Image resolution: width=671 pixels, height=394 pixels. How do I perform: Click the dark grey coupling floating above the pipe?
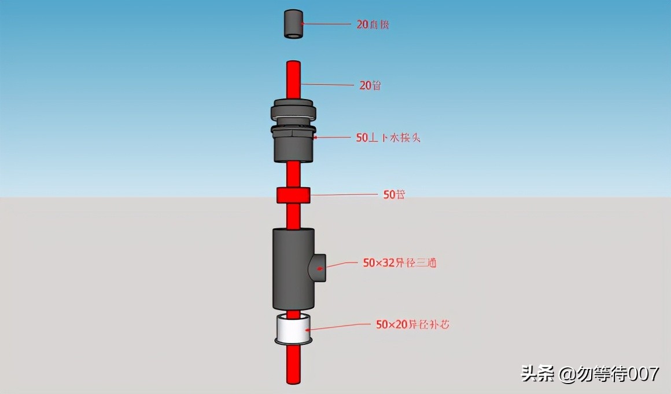(x=294, y=24)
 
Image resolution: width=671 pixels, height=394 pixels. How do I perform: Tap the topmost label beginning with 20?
(x=373, y=25)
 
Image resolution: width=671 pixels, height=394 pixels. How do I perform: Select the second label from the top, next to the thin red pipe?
(x=370, y=86)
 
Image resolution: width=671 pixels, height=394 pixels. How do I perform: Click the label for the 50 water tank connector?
(x=387, y=138)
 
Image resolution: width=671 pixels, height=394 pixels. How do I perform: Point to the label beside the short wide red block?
(x=394, y=195)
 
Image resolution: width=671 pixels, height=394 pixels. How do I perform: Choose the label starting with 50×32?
(x=399, y=263)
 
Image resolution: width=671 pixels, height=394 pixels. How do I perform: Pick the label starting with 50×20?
(x=412, y=325)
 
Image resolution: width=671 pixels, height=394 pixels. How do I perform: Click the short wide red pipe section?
(x=294, y=196)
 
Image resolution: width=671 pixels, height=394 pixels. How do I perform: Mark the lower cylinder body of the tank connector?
(x=293, y=148)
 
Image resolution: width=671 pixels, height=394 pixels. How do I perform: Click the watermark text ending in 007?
(x=589, y=374)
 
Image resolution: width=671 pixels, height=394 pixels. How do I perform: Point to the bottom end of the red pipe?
(x=294, y=380)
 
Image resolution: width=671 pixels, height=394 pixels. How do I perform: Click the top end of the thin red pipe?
(x=294, y=63)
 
